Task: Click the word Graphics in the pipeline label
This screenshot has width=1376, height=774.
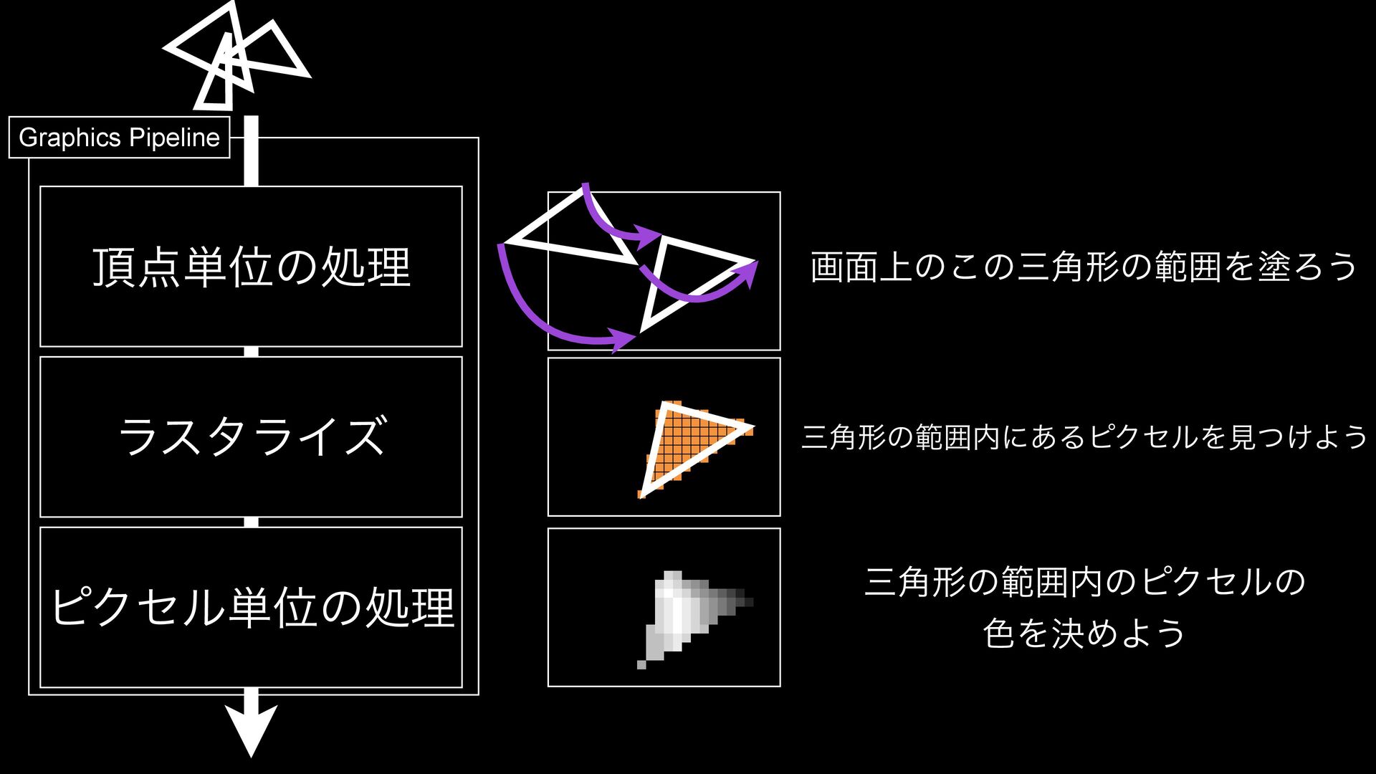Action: pos(70,137)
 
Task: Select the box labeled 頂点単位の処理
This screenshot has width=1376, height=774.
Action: pos(251,266)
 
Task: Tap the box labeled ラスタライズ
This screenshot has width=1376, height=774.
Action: pos(251,436)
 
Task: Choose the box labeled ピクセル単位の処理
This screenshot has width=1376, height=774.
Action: pos(251,607)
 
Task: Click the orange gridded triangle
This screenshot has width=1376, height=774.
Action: pos(688,444)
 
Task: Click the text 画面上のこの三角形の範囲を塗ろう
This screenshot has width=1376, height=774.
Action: pos(1083,267)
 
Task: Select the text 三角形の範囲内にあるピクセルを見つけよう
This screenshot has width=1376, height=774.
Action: pos(1084,436)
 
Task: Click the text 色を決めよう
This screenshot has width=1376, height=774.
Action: pos(1084,634)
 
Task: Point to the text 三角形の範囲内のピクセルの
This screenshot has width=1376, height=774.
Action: pos(1084,581)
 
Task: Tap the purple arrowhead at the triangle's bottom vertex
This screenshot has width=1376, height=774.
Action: pos(622,338)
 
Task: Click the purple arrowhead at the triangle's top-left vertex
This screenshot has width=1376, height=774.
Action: pos(649,236)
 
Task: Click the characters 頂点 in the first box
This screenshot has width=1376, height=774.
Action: pos(137,267)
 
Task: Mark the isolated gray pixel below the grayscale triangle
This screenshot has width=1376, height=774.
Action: pos(641,664)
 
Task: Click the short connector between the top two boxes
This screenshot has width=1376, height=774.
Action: pos(251,351)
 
